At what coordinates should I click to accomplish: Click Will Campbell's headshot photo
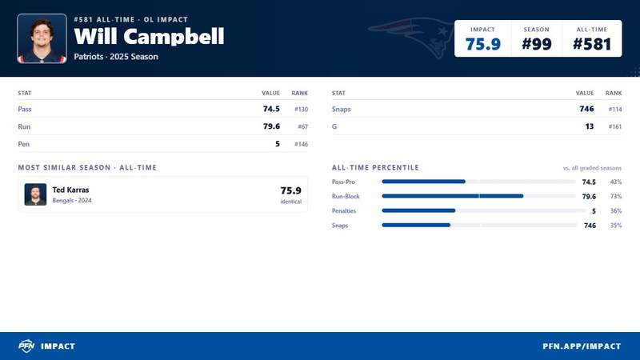tap(42, 38)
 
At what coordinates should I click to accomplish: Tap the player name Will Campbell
tap(149, 36)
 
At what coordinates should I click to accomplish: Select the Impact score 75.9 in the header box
tap(483, 44)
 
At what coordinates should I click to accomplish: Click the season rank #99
tap(537, 44)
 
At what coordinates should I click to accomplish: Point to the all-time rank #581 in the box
tap(592, 44)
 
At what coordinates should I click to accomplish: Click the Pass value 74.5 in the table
tap(271, 109)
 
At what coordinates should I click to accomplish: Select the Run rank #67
tap(303, 126)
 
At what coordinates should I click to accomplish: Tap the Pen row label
tap(24, 144)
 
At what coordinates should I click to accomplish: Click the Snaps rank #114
tap(615, 110)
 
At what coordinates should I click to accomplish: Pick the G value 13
tap(590, 126)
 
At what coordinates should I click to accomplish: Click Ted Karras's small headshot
tap(35, 194)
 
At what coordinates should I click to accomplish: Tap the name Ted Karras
tap(70, 190)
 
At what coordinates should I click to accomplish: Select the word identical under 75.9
tap(291, 202)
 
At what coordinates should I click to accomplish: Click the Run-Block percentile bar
tap(453, 196)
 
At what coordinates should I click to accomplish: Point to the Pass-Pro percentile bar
tap(424, 182)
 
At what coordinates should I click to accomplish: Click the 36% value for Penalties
tap(616, 211)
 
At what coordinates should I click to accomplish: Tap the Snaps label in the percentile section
tap(340, 226)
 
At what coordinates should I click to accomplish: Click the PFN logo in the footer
tap(26, 346)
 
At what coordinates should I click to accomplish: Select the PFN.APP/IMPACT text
tap(582, 346)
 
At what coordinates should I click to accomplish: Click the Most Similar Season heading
tap(87, 167)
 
